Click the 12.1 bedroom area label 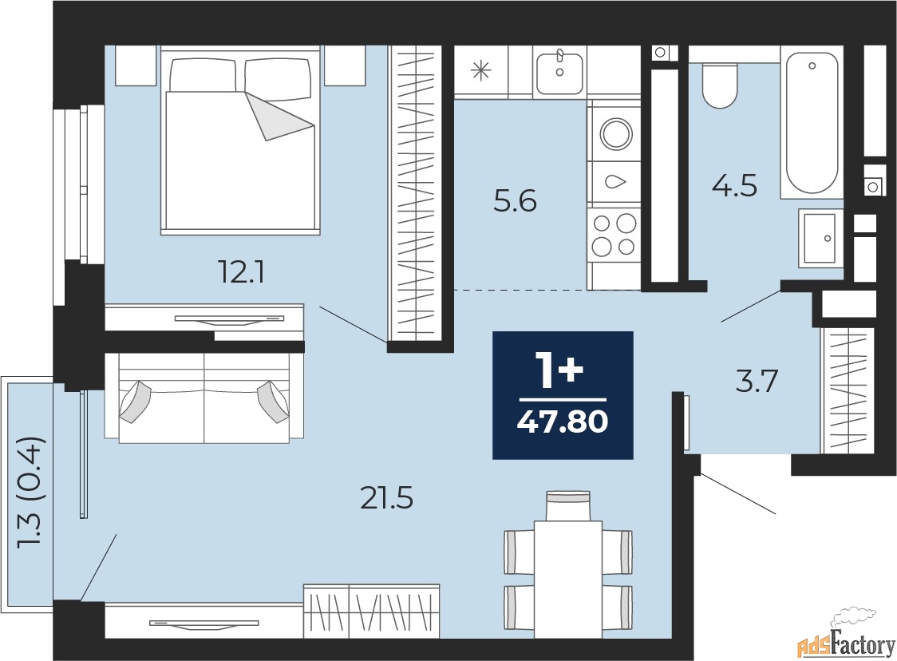pos(241,273)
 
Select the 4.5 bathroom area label pos(734,186)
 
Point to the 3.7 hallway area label pos(757,381)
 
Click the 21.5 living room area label pos(387,498)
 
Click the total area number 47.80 pos(563,422)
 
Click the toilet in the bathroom pos(720,85)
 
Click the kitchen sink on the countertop pos(559,72)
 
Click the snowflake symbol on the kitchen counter pos(480,71)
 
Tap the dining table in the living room pos(568,579)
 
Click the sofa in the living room pos(204,397)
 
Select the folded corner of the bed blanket pos(281,117)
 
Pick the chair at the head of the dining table pos(568,505)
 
